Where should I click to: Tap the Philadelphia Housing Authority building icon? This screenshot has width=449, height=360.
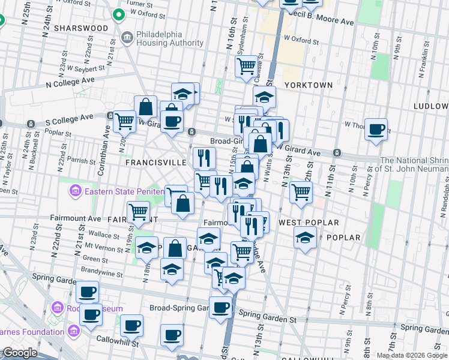click(x=127, y=39)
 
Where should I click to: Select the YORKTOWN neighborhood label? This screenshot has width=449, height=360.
click(x=309, y=85)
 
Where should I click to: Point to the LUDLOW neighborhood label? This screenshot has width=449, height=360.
click(x=430, y=106)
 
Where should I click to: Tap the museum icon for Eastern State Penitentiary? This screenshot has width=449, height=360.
click(x=75, y=192)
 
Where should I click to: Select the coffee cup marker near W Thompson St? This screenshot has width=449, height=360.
click(x=376, y=129)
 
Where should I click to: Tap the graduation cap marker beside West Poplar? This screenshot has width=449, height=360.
click(x=306, y=238)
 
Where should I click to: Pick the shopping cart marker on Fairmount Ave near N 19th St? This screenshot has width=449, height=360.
click(x=139, y=211)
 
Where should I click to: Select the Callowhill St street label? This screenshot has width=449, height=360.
click(x=118, y=344)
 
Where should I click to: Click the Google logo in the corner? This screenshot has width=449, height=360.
click(x=20, y=353)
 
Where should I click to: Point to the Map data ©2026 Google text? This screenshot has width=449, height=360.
click(x=412, y=355)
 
